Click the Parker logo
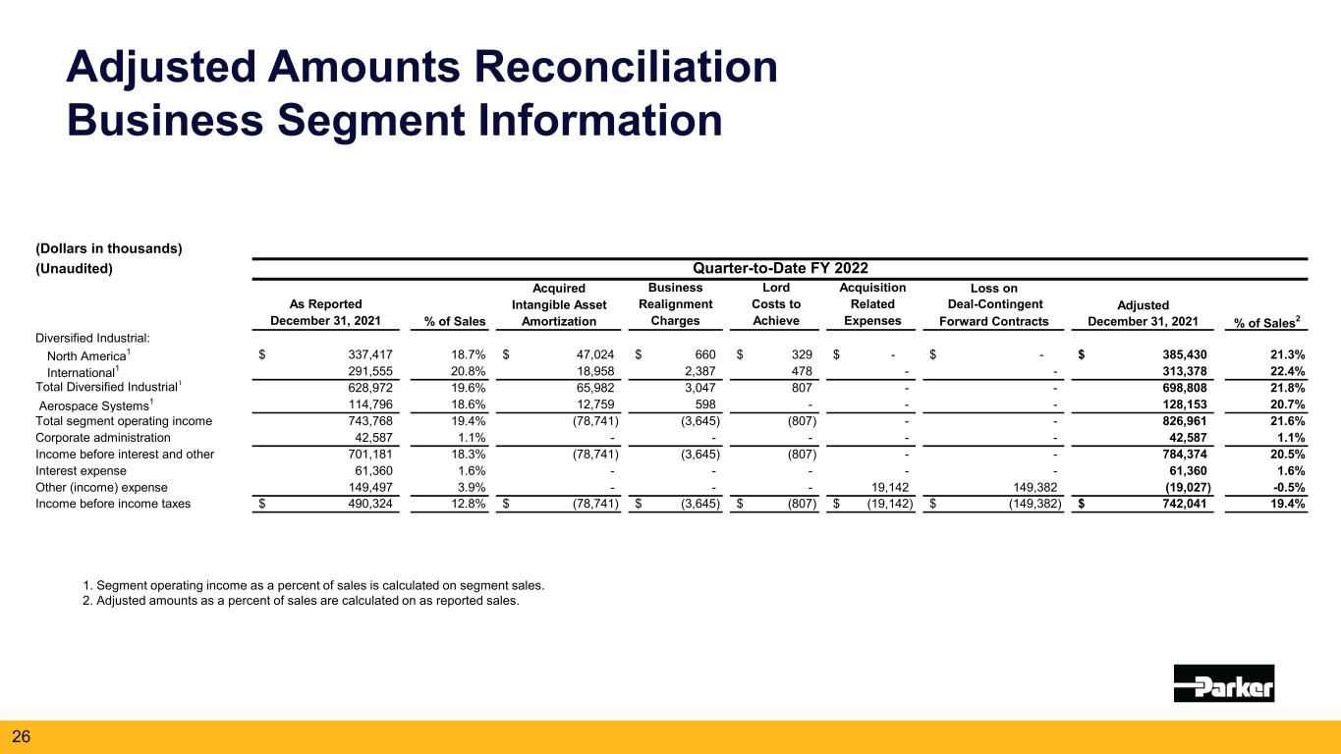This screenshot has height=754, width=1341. (1223, 682)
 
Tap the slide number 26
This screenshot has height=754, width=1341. (21, 734)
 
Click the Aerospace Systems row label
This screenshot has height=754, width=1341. (95, 405)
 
